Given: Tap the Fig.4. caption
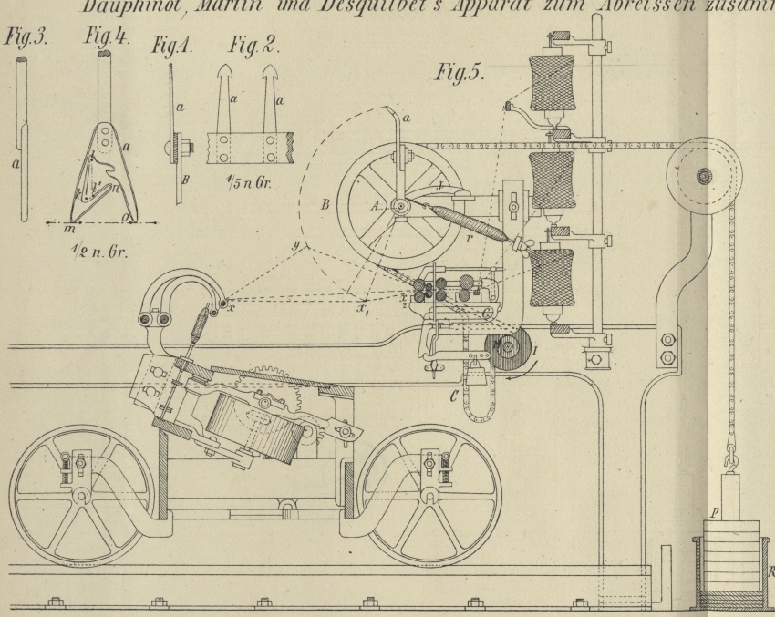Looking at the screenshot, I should (99, 41).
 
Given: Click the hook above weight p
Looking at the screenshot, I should (730, 451).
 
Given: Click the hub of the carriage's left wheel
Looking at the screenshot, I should (81, 498).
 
